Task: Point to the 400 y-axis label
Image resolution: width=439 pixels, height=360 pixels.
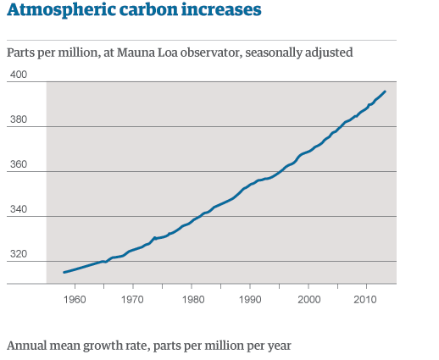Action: (x=18, y=75)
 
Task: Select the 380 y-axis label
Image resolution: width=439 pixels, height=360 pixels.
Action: (x=18, y=119)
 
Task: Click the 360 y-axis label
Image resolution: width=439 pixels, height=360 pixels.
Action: (x=18, y=164)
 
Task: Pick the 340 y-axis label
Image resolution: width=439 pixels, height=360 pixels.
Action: (x=18, y=209)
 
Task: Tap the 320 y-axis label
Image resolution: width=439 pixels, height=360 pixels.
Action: (x=18, y=253)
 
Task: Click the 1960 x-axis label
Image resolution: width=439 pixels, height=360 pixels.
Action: (x=75, y=299)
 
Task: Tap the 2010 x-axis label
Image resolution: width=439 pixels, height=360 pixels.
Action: (x=365, y=299)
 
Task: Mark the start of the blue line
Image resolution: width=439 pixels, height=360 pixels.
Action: (x=64, y=273)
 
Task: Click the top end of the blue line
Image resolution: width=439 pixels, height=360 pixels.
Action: (x=386, y=91)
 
